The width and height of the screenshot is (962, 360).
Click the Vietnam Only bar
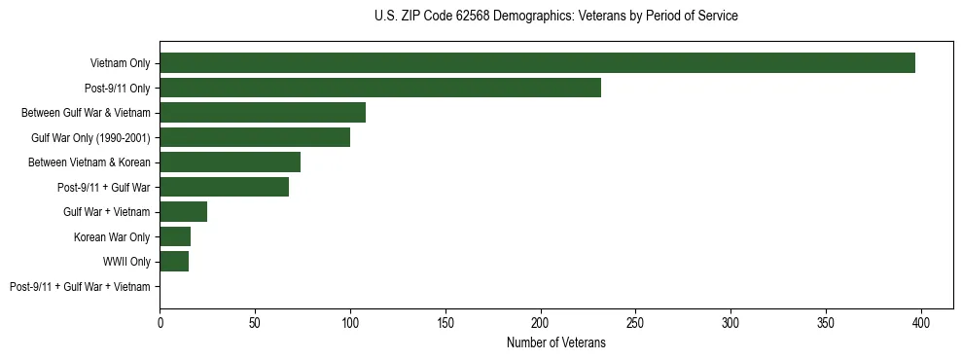click(537, 63)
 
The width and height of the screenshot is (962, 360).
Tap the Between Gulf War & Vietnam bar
click(263, 113)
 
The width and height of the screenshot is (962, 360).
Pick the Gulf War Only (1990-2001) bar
click(255, 137)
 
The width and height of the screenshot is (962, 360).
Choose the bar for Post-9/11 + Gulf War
click(224, 187)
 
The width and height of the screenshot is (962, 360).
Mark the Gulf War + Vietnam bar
click(183, 212)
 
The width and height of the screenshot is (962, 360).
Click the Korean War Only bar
click(175, 236)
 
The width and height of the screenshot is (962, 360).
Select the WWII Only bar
click(174, 262)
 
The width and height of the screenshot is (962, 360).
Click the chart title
click(555, 17)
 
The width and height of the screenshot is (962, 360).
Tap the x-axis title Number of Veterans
click(555, 342)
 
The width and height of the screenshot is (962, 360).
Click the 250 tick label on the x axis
click(635, 322)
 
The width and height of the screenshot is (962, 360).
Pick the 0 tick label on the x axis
click(160, 322)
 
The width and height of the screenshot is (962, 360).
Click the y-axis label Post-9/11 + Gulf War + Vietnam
click(80, 287)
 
